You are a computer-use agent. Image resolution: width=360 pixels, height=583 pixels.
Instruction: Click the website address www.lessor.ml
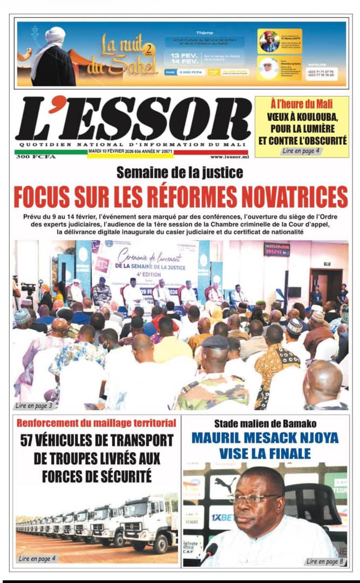pyautogui.click(x=229, y=157)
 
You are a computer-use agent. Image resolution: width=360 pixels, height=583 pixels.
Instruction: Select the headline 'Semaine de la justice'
pyautogui.click(x=180, y=173)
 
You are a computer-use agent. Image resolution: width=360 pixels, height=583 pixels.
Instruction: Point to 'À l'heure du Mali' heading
pyautogui.click(x=301, y=104)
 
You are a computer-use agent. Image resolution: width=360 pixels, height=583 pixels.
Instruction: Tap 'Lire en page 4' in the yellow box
pyautogui.click(x=301, y=151)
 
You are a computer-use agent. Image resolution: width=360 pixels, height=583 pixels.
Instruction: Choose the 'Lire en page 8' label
pyautogui.click(x=324, y=561)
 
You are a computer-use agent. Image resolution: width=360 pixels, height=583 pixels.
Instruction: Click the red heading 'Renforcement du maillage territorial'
pyautogui.click(x=97, y=422)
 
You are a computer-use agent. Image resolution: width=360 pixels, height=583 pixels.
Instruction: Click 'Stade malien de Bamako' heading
pyautogui.click(x=265, y=423)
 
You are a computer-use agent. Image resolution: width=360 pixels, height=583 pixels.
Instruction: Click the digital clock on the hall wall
pyautogui.click(x=276, y=249)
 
